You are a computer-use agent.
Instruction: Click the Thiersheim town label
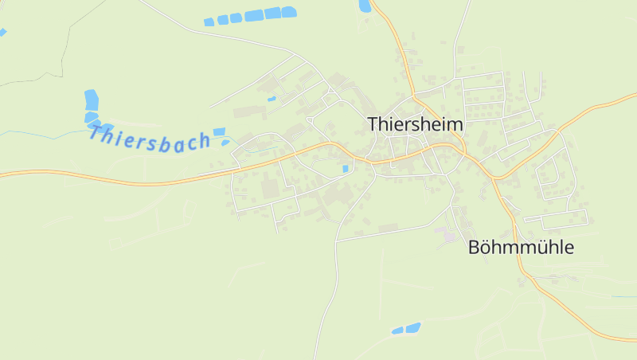415,124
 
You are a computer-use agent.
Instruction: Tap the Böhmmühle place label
521,248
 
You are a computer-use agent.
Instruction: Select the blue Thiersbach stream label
149,136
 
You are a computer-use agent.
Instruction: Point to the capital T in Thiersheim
373,124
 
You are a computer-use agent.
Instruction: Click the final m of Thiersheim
455,125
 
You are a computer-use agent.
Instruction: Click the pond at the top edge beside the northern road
365,6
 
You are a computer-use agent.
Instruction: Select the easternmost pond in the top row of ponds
288,12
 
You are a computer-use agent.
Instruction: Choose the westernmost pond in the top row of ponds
209,22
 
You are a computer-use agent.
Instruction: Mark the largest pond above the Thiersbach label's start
92,100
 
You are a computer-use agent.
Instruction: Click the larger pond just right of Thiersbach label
219,131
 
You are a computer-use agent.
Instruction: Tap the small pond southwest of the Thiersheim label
344,169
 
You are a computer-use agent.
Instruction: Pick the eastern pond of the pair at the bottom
412,327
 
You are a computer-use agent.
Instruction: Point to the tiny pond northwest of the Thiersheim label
272,100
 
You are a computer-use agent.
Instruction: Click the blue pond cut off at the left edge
2,33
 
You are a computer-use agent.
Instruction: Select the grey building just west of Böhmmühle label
449,237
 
